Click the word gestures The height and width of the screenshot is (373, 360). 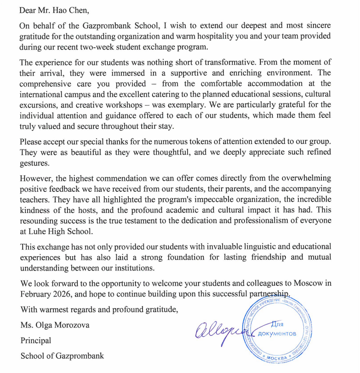tap(35, 163)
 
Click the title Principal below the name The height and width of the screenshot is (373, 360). tap(36, 341)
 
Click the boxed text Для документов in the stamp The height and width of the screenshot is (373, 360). tap(276, 329)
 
